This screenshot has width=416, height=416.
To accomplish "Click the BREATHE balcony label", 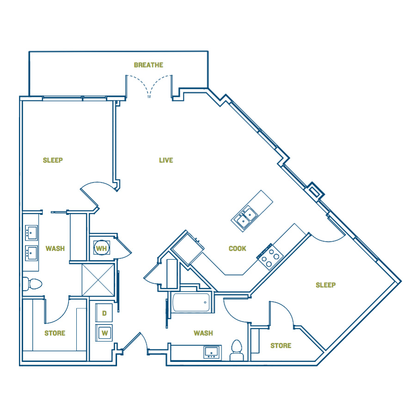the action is coord(148,65).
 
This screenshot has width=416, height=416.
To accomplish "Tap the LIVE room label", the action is coord(166,160).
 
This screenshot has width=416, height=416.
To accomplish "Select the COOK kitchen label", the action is coord(238,249).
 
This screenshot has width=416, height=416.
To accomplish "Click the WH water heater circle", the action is coord(102,248).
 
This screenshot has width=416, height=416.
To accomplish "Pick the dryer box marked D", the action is coord(104,313).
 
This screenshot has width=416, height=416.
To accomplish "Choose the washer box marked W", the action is coord(104,333).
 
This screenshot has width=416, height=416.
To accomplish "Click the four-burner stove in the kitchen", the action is coord(270,257).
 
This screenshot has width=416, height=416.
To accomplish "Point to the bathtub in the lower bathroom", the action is coord(191,302).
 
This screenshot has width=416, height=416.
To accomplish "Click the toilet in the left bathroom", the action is coord(32,284).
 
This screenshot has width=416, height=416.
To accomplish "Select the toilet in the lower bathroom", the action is coord(237,350).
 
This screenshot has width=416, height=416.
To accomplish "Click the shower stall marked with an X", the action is coord(98,280).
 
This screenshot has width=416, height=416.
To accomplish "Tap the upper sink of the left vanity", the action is coord(31,232).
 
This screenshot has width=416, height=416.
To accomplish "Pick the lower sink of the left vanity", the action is coord(31,253).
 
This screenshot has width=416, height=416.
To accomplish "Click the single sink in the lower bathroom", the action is coord(212,353).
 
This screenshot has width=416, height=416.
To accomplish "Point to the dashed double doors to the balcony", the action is coord(149,86).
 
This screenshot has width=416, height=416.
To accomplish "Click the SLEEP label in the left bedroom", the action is coord(53,160).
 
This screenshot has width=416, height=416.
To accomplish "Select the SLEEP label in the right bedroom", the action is coord(325,285).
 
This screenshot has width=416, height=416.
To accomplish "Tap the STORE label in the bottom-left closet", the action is coord(55,333).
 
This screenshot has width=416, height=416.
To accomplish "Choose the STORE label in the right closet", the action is coord(281,346).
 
